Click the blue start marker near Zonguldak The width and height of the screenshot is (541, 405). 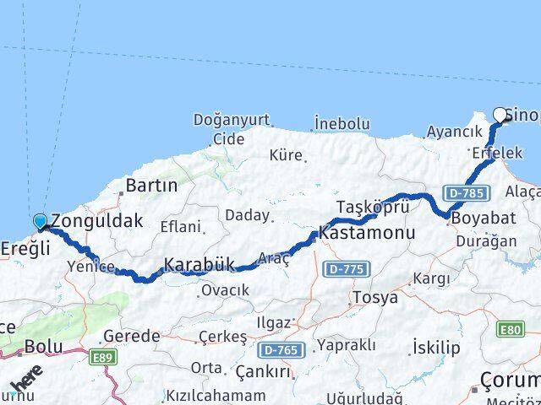click(x=40, y=222)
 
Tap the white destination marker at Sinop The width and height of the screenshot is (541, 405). click(x=500, y=115)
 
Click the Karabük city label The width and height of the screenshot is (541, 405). click(x=199, y=265)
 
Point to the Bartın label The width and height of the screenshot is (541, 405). click(x=150, y=185)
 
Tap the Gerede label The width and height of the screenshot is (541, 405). click(x=131, y=336)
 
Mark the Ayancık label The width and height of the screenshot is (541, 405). click(x=454, y=132)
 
